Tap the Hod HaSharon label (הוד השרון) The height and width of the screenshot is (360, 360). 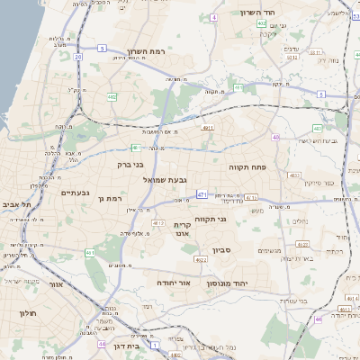[262, 13]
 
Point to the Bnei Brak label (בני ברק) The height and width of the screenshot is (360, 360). [130, 165]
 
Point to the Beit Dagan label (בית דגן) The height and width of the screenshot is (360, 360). [132, 346]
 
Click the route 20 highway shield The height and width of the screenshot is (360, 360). [78, 56]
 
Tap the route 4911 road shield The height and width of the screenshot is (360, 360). [208, 129]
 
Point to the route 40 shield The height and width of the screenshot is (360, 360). [276, 137]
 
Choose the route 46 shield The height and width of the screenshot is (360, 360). [319, 319]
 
